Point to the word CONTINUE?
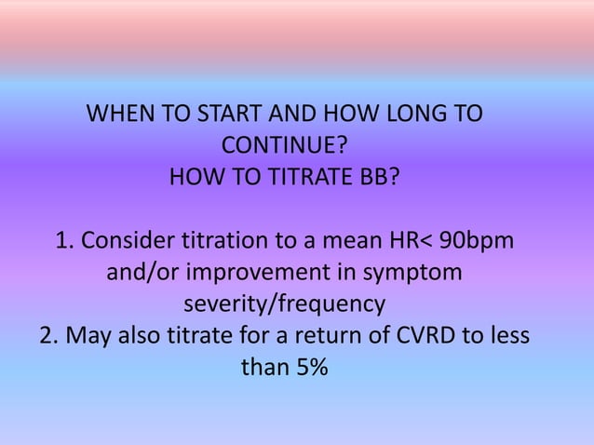tap(285, 146)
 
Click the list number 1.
tap(62, 241)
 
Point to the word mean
tap(343, 241)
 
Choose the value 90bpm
tap(476, 241)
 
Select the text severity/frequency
tap(284, 304)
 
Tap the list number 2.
tap(47, 335)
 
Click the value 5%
tap(310, 367)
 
